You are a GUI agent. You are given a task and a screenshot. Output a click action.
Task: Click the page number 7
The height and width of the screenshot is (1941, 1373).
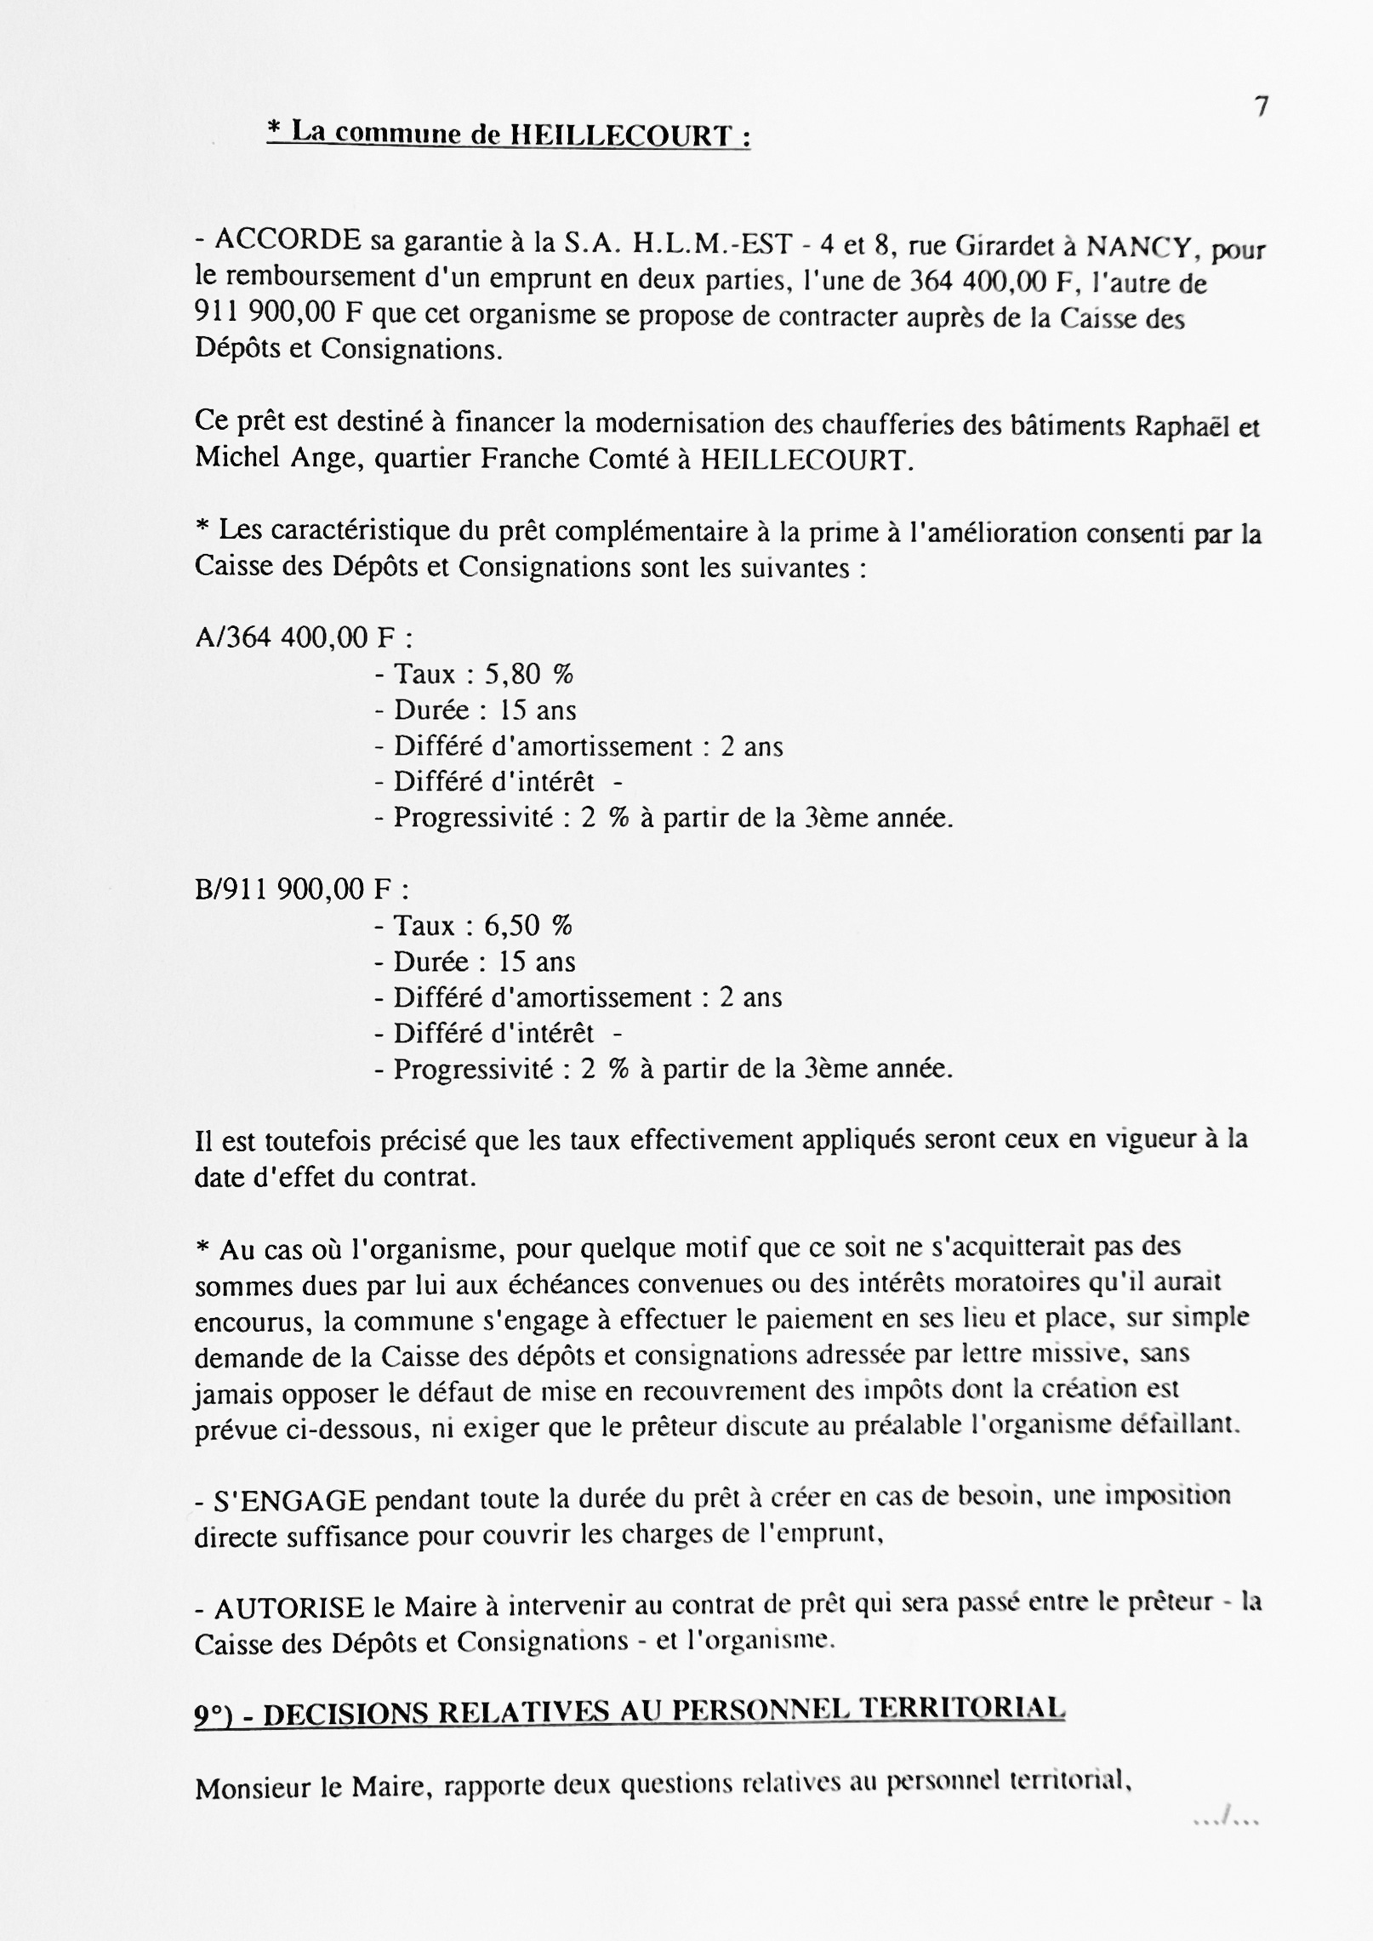coord(1262,106)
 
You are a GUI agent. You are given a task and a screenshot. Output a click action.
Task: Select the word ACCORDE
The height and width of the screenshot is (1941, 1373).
coord(288,243)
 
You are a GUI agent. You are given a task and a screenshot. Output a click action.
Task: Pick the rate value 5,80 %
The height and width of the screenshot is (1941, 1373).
coord(528,675)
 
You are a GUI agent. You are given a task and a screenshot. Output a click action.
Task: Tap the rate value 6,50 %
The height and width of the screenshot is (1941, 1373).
coord(527,926)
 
